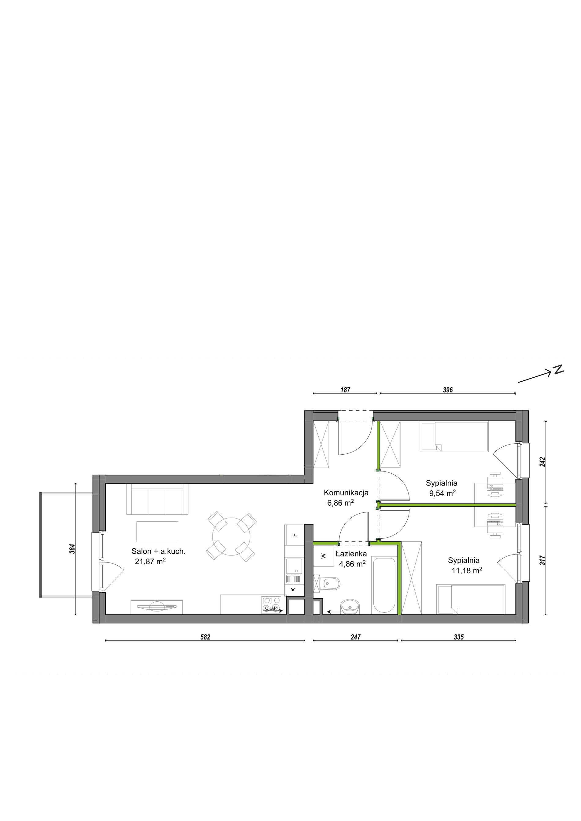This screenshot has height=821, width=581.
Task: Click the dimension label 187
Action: coord(345,390)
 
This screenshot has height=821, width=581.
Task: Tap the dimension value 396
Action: coord(448,390)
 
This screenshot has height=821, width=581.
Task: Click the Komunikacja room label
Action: coord(346,493)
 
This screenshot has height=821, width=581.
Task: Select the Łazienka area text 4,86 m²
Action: coord(352,564)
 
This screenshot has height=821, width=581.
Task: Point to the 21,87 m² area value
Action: coord(150,561)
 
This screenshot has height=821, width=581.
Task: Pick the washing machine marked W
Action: coord(324,556)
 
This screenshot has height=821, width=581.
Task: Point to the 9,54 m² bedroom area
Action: coord(442,493)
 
